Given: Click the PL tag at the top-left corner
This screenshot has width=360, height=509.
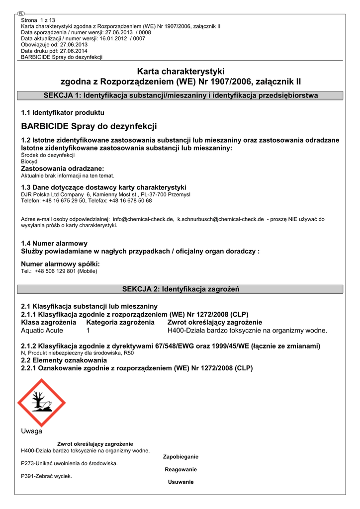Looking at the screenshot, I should (20, 13).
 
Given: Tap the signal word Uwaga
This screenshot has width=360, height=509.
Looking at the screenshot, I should (32, 431).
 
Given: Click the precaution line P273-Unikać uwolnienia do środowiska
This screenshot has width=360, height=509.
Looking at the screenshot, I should (69, 463).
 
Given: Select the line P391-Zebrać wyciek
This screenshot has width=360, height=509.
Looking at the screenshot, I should (46, 476).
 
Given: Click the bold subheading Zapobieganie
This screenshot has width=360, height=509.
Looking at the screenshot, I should (180, 456).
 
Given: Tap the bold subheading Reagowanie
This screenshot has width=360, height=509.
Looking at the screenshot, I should (180, 469).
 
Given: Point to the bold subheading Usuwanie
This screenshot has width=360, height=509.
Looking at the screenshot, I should (180, 482).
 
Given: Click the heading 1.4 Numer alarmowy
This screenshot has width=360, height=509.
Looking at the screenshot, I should (54, 243).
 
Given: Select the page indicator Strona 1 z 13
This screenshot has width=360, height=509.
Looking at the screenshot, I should (38, 20).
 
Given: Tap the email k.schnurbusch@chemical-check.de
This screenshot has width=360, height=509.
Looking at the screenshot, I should (220, 219).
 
